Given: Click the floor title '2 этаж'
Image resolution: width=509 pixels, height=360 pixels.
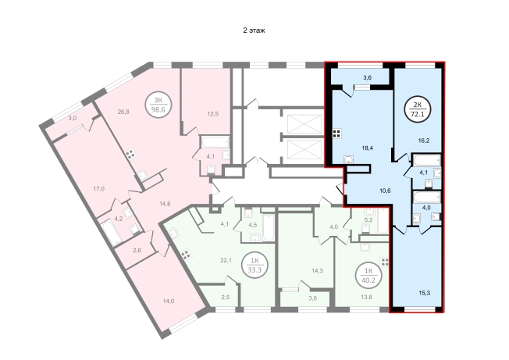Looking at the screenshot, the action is pos(255,30).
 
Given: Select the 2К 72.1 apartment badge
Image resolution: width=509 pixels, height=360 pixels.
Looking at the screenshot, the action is pos(418,109).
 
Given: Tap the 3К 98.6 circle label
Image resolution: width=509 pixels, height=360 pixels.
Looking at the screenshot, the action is pos(158,105).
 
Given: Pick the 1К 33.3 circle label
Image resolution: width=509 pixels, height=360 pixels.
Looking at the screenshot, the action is pos(255,266).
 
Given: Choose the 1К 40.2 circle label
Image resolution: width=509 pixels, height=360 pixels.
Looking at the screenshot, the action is pos(368,276).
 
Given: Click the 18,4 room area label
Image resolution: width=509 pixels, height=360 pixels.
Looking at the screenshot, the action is pos(367,148).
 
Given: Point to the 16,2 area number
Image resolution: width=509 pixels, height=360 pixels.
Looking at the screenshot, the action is pos(424,141).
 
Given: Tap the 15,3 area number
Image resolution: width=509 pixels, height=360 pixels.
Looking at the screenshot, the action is pos(424,293).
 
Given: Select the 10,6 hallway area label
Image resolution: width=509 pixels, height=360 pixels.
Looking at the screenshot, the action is pos(385,191).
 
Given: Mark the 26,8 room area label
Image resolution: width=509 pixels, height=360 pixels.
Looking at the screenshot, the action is pos(123,112).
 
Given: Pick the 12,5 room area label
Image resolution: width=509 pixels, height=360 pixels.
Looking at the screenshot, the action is pos(212,113).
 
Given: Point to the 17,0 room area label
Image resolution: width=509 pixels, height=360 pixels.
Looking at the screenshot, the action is pos(98,189).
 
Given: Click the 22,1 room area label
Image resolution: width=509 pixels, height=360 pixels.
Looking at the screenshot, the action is pos(226,260).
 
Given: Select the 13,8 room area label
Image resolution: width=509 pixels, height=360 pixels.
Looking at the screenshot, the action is pos(367,295).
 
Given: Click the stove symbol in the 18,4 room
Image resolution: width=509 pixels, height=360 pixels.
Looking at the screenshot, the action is pos(337,134).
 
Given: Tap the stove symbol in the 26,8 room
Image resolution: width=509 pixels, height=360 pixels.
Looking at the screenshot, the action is pos(130,154).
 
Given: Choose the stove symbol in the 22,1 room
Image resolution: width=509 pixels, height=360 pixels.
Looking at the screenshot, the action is pos(185,254).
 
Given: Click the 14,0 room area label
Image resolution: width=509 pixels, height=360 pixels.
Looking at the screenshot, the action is pos(168,301).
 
